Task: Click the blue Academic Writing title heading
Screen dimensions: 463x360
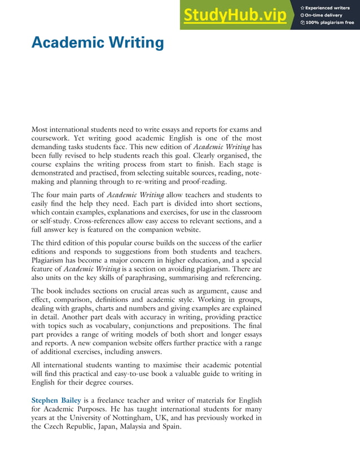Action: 97,42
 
